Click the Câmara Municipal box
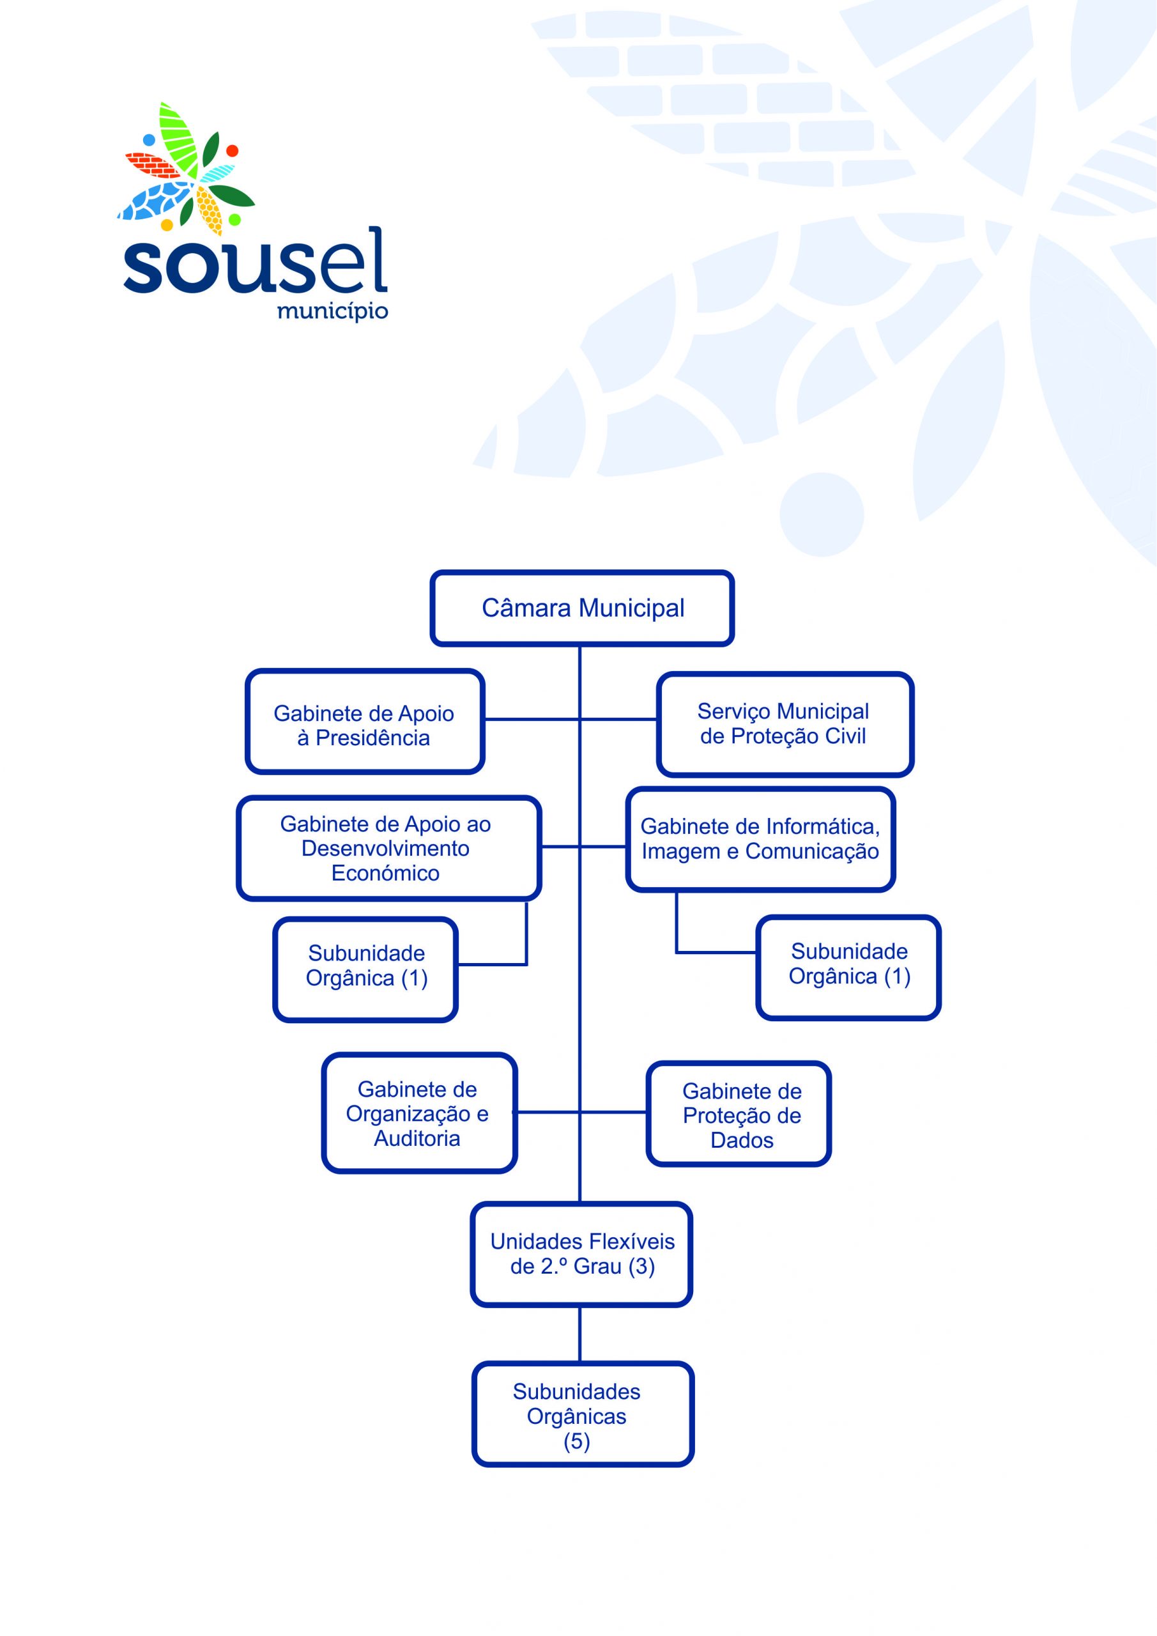click(582, 608)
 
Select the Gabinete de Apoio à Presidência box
click(365, 721)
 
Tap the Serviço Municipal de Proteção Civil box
click(785, 724)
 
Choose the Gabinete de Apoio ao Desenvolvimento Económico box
click(388, 848)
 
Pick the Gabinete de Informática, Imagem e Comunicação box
click(760, 839)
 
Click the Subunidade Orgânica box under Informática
click(848, 967)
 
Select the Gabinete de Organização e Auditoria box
click(419, 1113)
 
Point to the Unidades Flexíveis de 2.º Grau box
click(581, 1254)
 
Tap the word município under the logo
click(332, 311)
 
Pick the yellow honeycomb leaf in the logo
click(210, 209)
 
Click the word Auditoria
click(417, 1138)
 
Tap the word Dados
click(742, 1140)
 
